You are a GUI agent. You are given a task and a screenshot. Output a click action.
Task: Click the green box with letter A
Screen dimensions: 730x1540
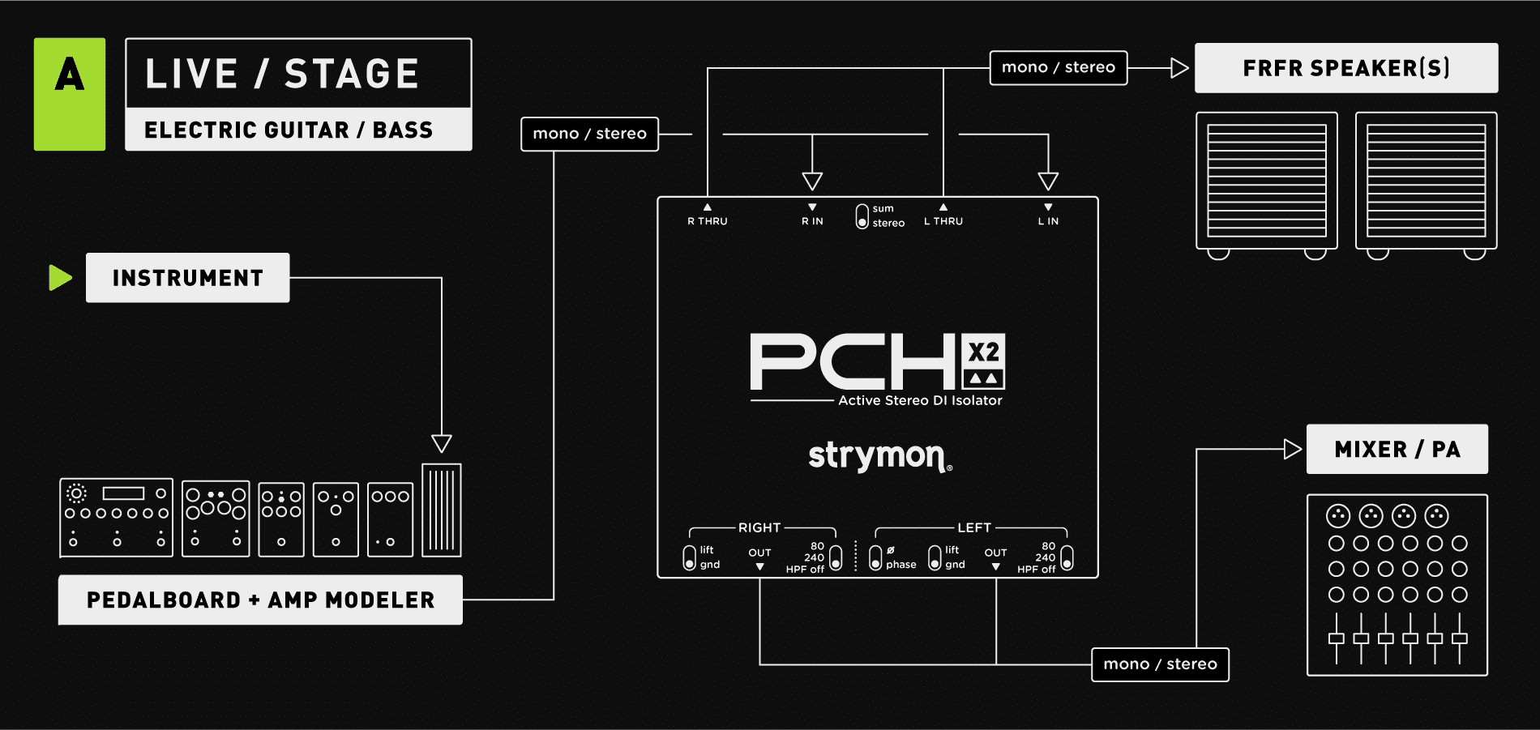click(x=70, y=94)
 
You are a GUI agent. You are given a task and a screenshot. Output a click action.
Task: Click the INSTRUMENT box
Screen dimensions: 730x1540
click(x=187, y=278)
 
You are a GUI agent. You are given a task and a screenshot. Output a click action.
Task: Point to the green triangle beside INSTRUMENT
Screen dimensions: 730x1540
click(x=60, y=278)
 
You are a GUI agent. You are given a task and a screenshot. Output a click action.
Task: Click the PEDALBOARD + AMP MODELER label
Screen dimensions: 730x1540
click(x=260, y=600)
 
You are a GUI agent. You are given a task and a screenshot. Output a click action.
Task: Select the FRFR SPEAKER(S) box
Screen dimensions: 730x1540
click(x=1345, y=68)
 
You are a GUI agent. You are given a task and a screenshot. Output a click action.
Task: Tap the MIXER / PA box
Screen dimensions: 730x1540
click(x=1397, y=449)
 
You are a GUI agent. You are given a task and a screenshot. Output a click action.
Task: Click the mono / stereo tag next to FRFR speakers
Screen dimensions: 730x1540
click(x=1058, y=67)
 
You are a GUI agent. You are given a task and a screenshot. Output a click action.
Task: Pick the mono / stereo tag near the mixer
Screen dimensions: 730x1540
click(x=1160, y=664)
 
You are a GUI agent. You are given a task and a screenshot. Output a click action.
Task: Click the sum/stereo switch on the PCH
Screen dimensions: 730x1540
click(x=862, y=216)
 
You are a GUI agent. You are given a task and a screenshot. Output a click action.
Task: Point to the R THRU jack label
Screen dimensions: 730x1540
click(x=708, y=220)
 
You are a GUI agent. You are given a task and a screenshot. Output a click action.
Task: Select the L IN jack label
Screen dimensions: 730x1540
click(x=1048, y=220)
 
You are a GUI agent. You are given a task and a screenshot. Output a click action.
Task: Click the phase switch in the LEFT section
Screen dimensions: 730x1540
click(x=875, y=557)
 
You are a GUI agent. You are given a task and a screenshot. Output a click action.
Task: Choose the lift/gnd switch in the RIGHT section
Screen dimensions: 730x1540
click(x=689, y=557)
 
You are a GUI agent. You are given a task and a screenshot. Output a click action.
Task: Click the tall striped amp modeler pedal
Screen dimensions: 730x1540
click(x=442, y=510)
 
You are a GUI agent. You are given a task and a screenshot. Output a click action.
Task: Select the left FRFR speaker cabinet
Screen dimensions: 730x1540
click(x=1266, y=181)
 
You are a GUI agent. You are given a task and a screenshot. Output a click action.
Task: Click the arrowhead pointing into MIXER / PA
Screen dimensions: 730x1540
click(x=1292, y=449)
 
